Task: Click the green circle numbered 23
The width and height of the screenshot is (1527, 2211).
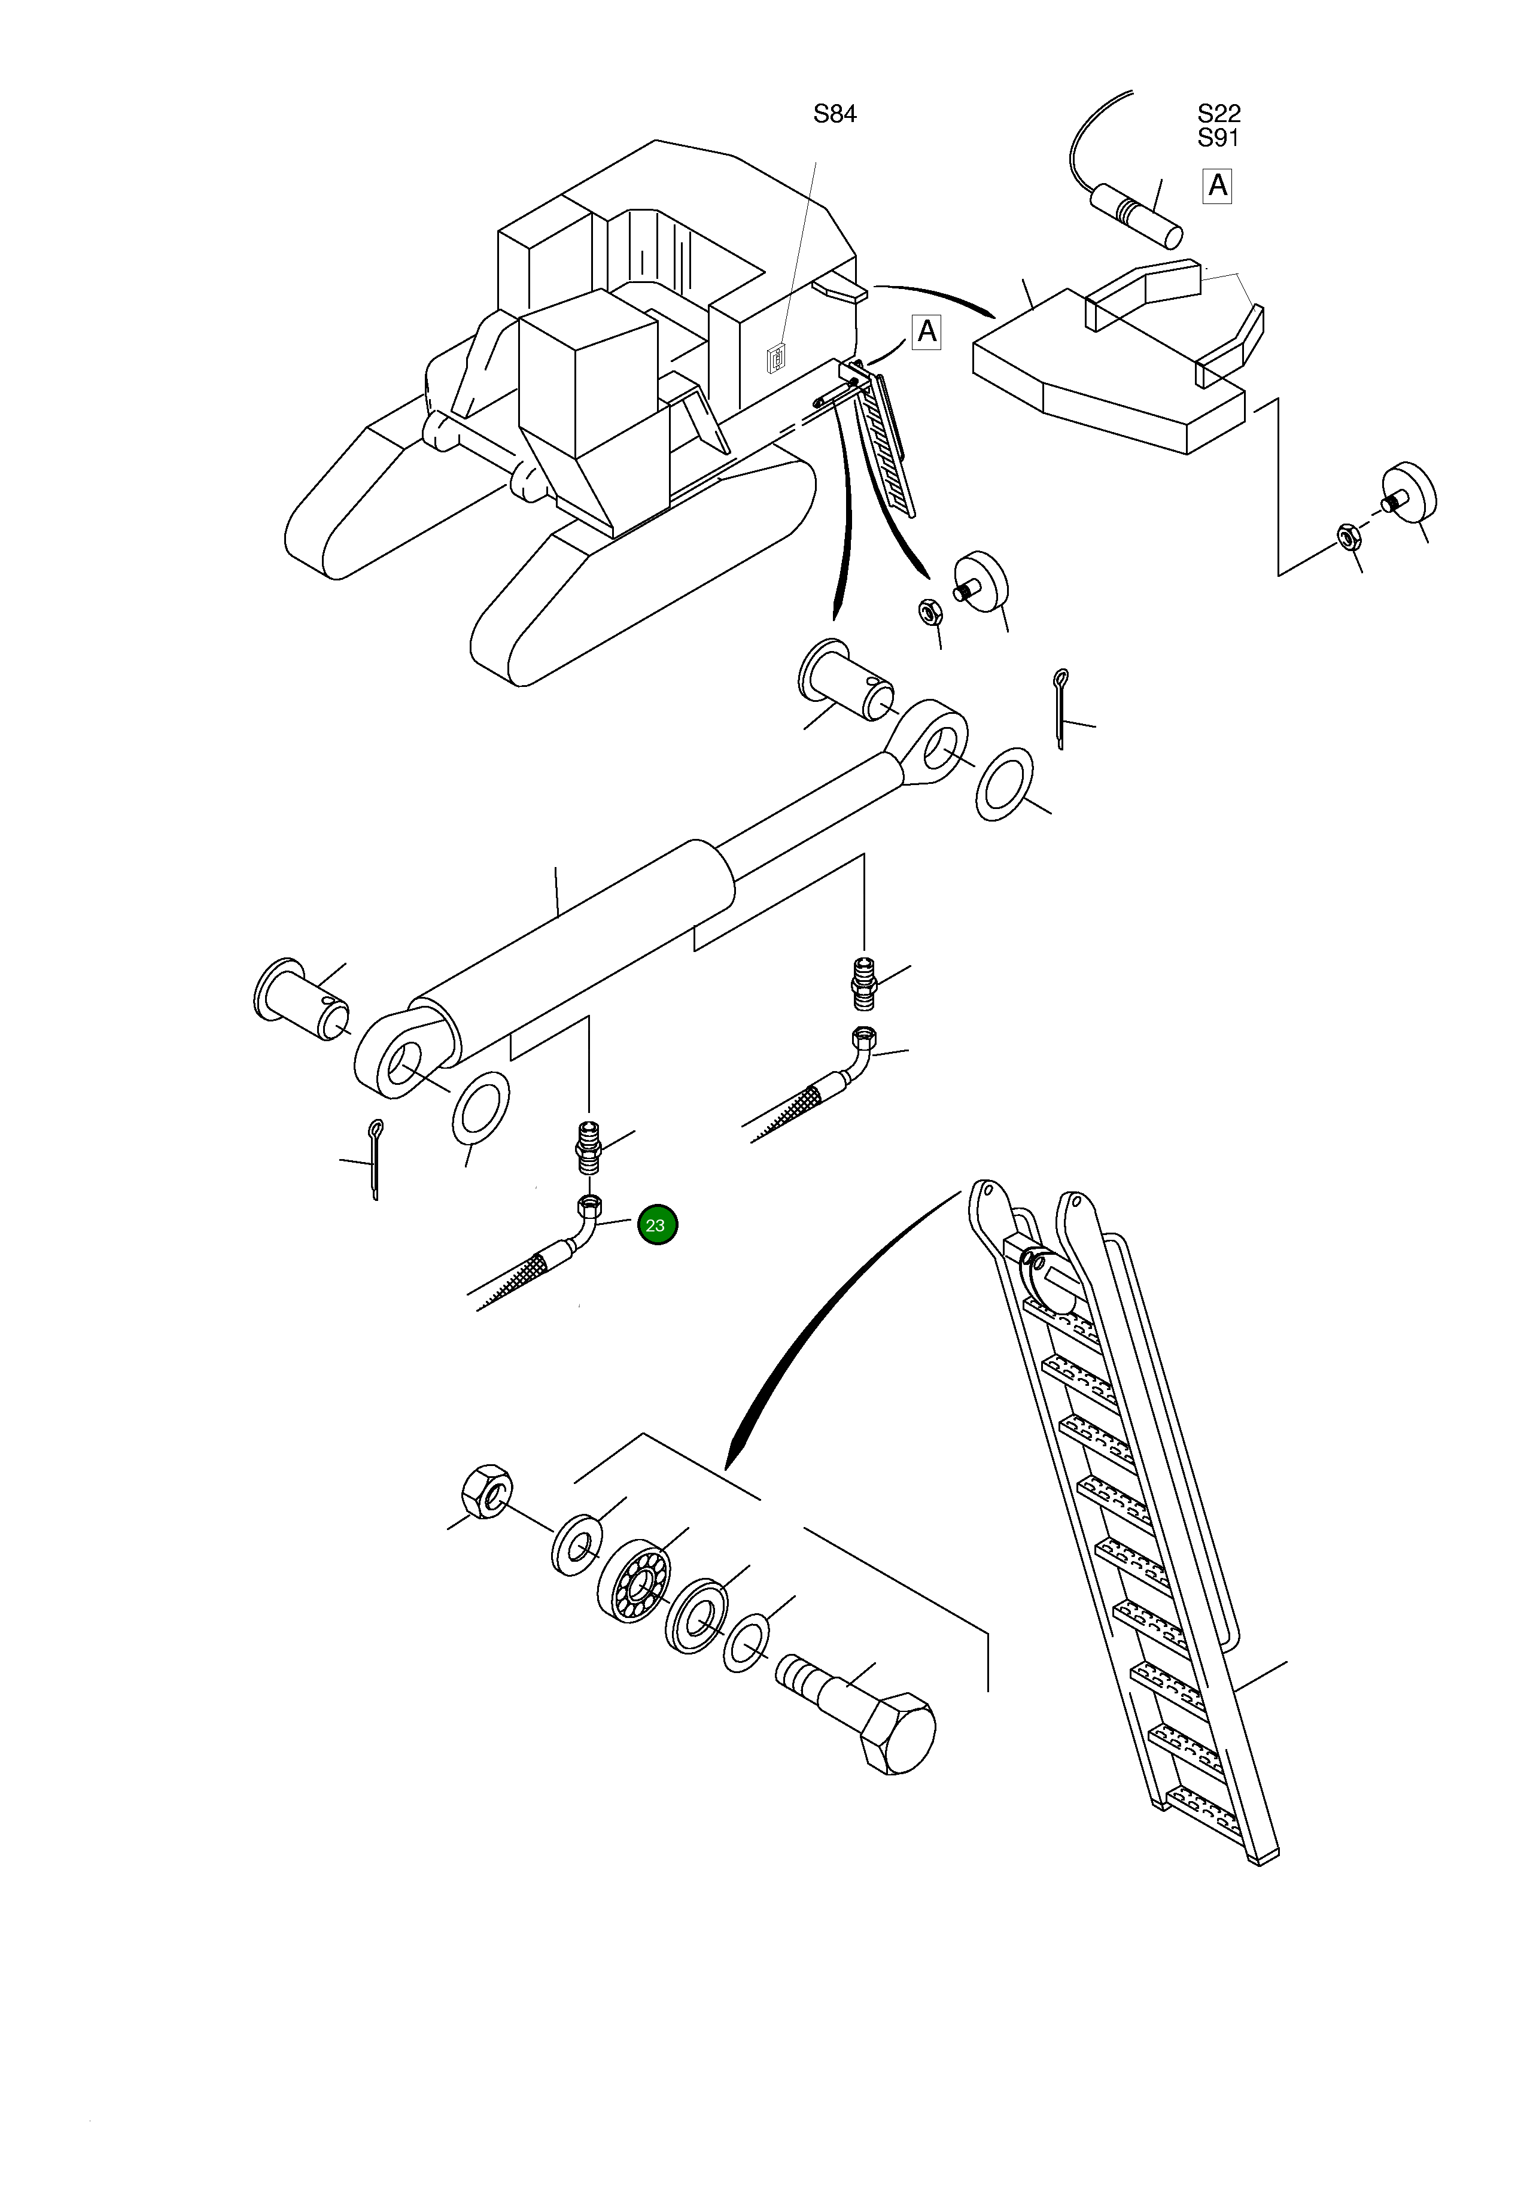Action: click(x=656, y=1225)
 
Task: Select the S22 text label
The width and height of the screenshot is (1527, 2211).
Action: click(x=1218, y=113)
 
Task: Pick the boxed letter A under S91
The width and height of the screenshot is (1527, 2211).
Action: click(x=1217, y=185)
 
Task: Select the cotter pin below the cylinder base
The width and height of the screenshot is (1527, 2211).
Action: click(x=374, y=1158)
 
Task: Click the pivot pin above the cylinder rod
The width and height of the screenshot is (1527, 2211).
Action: click(x=844, y=681)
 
